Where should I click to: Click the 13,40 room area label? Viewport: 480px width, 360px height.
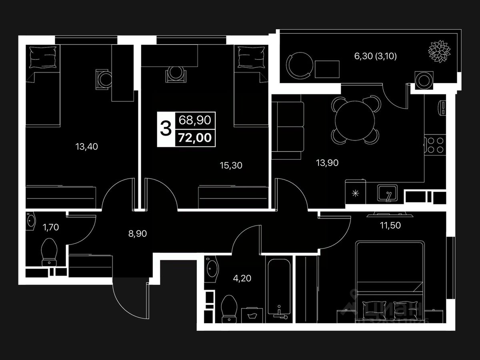click(x=87, y=147)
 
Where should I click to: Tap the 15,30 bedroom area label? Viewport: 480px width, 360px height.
click(x=231, y=165)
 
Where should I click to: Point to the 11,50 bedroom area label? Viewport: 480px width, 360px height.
click(x=390, y=225)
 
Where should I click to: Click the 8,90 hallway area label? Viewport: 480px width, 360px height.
click(x=138, y=234)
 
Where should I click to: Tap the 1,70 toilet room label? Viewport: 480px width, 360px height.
click(x=50, y=228)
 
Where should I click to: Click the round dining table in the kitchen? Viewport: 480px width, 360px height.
click(x=354, y=119)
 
